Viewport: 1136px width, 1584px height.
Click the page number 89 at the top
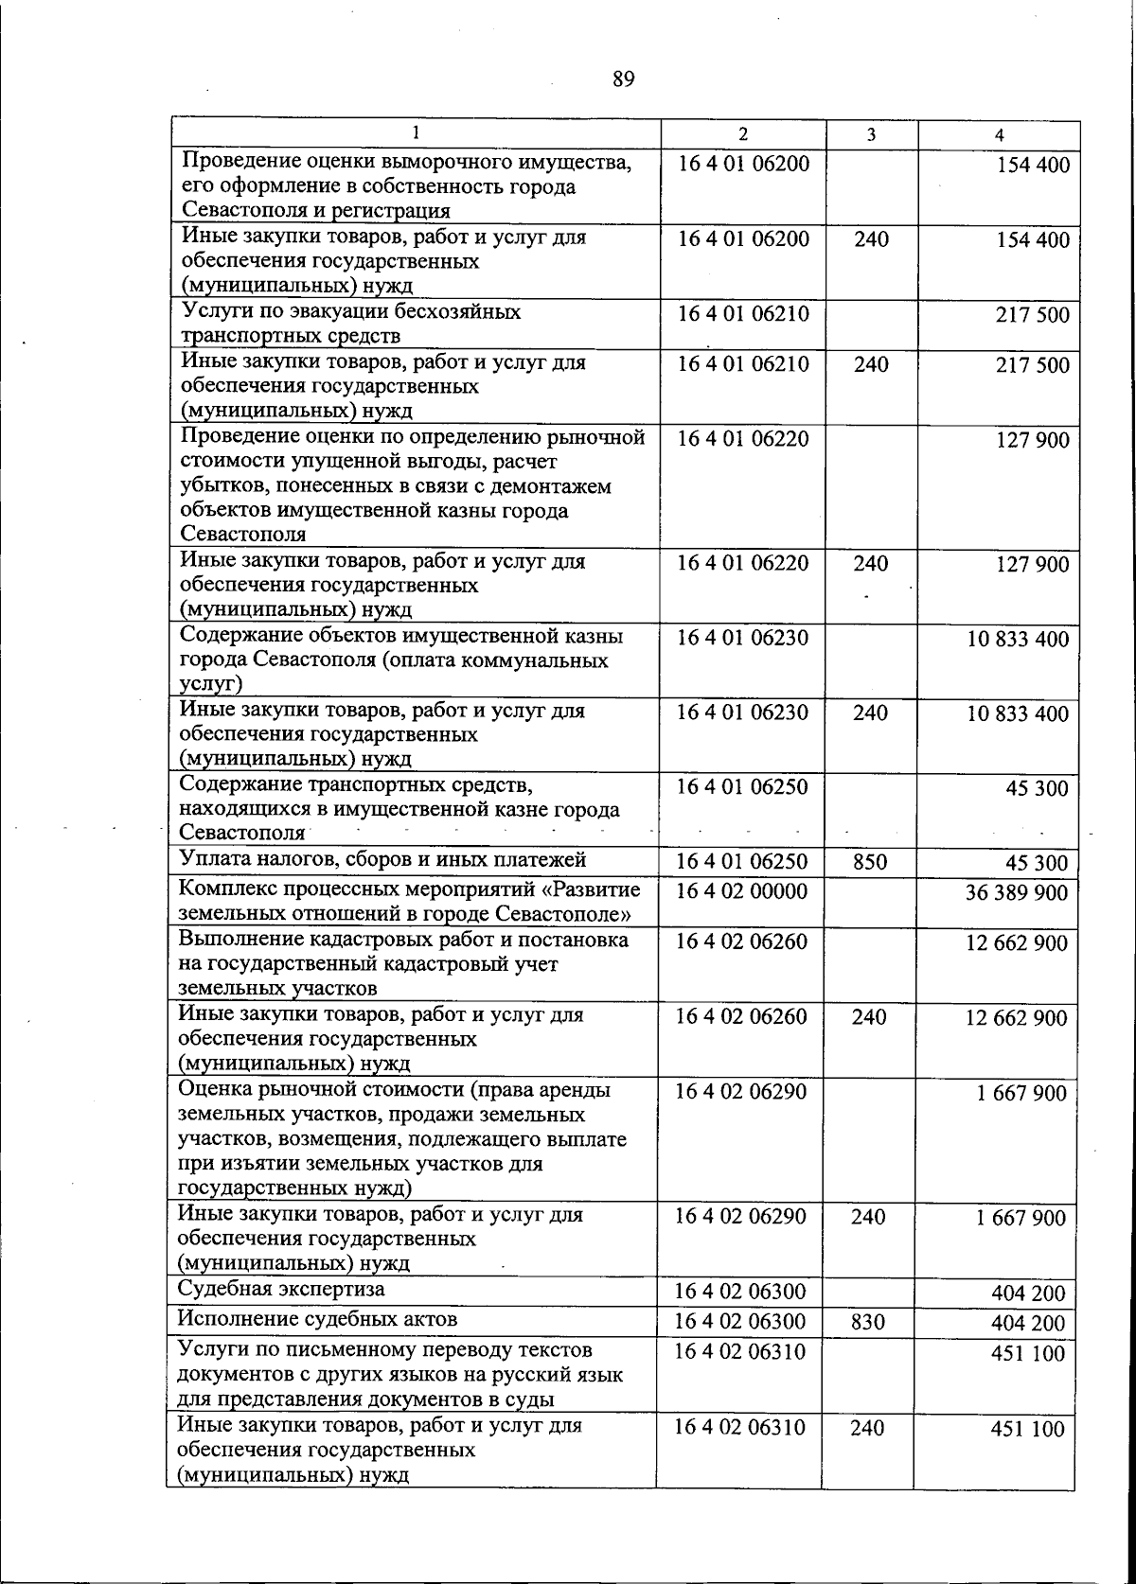click(622, 79)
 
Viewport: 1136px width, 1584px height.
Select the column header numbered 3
click(871, 135)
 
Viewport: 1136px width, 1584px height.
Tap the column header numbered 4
click(1000, 135)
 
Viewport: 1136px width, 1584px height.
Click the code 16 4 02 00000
click(741, 891)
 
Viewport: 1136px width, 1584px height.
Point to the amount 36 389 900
click(1017, 892)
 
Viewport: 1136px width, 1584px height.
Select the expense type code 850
click(870, 862)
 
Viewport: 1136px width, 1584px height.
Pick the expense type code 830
click(868, 1322)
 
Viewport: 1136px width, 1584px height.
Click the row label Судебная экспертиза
click(281, 1289)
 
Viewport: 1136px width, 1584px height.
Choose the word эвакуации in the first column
click(338, 311)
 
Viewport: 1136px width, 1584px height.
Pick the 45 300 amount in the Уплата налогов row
click(1037, 862)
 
